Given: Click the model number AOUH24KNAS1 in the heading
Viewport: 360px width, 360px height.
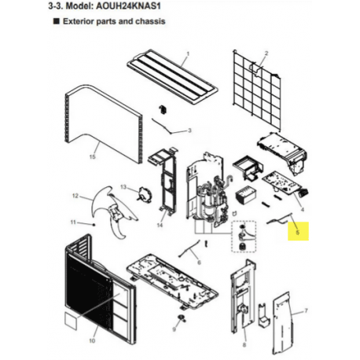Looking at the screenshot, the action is (x=128, y=6).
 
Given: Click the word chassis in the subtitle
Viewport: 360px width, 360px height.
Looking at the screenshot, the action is (x=150, y=21).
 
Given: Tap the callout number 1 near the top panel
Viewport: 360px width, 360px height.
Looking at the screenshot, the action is (x=188, y=53).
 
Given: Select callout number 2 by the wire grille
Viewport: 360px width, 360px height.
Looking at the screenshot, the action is (x=266, y=53).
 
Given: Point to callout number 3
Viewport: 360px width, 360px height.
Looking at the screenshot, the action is (x=189, y=130).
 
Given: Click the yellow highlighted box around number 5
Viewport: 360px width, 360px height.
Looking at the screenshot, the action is (x=298, y=231).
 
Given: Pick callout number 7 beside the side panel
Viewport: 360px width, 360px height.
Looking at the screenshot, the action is (x=306, y=311).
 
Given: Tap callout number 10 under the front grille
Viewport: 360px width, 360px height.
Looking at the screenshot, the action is (x=92, y=340).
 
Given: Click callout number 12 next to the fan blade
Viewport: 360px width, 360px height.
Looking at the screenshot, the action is (x=75, y=196).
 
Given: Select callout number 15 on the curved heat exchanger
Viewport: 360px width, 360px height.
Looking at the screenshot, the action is (x=92, y=156).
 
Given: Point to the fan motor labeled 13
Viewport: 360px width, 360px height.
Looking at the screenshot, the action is (x=145, y=194).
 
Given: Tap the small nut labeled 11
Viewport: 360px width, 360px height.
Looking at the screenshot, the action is (x=94, y=225).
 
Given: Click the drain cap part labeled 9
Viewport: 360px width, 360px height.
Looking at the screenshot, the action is (x=182, y=318).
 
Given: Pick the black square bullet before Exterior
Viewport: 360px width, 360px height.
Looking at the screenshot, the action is (x=56, y=21).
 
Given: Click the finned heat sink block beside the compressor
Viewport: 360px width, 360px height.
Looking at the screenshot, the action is (x=245, y=195).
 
